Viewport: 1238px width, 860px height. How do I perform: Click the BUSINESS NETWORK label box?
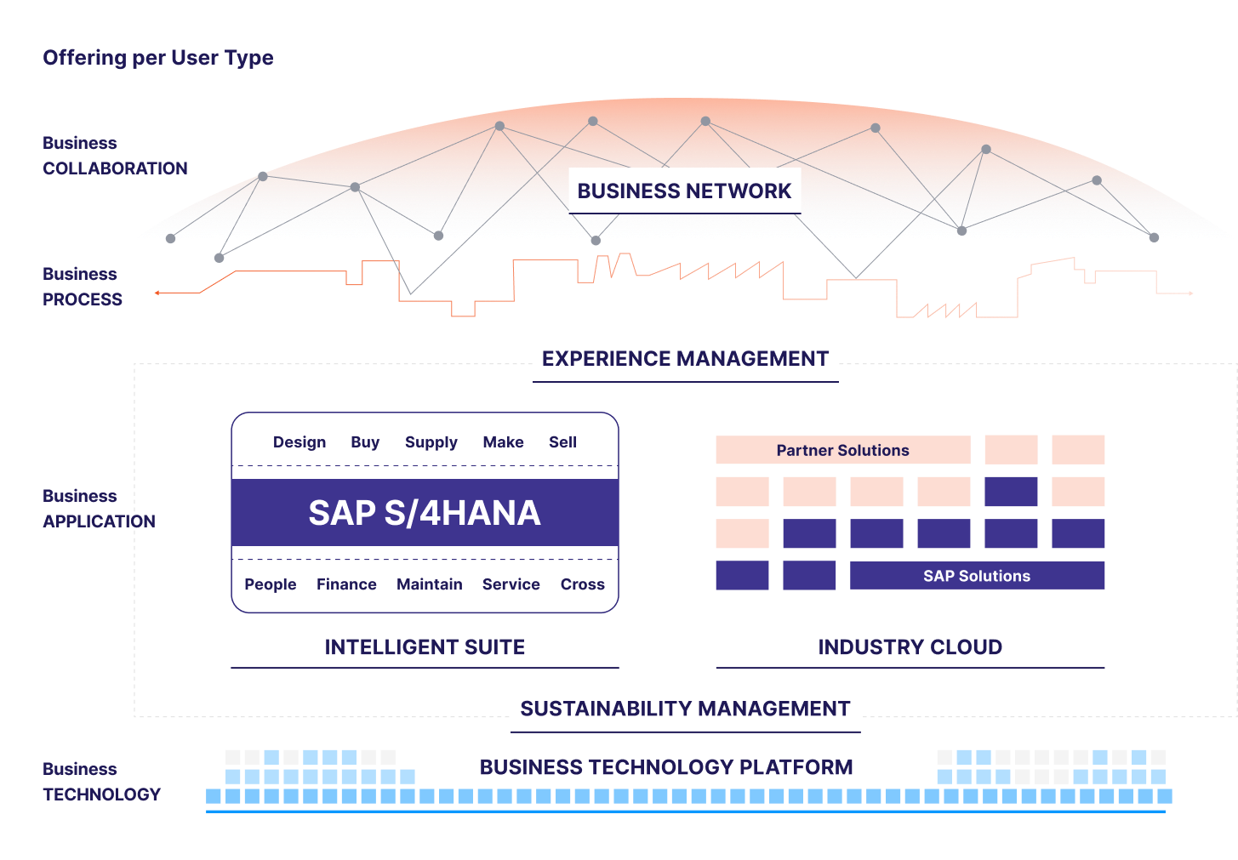684,191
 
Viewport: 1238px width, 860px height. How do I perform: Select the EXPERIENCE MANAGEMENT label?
685,358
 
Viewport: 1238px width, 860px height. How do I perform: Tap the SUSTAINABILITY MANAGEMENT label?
685,708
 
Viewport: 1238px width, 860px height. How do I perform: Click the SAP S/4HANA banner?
425,513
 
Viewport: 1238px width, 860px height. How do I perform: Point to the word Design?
300,442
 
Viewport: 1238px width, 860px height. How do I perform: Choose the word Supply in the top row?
431,442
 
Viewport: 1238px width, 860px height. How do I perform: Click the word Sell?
562,442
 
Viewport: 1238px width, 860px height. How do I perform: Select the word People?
270,584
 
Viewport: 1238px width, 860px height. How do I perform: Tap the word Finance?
346,584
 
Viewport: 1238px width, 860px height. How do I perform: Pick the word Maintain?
429,584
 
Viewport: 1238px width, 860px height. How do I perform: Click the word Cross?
582,584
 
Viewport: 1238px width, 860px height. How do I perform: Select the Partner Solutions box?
842,450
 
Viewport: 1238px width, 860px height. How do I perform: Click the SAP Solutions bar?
977,576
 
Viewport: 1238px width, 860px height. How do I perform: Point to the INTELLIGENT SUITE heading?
425,647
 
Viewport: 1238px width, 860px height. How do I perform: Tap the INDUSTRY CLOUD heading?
910,647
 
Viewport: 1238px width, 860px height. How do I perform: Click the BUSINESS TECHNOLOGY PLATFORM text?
666,767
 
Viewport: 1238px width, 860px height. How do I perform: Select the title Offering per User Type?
158,58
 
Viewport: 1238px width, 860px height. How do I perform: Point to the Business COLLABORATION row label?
115,156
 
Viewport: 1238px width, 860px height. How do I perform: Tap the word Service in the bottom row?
511,584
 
